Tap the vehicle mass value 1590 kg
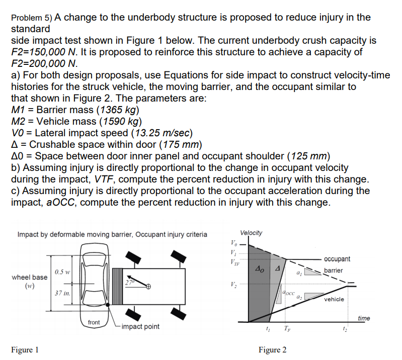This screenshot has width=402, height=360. coord(121,122)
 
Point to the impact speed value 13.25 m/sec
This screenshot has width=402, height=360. coord(162,133)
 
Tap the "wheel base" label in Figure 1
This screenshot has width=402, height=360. coord(30,277)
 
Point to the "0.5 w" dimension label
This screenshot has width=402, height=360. coord(62,272)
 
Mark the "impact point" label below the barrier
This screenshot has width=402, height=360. coord(140,326)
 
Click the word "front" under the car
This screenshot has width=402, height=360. coord(94,322)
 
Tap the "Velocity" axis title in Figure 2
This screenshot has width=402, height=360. coord(251,232)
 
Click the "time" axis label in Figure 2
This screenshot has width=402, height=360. coord(363,318)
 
